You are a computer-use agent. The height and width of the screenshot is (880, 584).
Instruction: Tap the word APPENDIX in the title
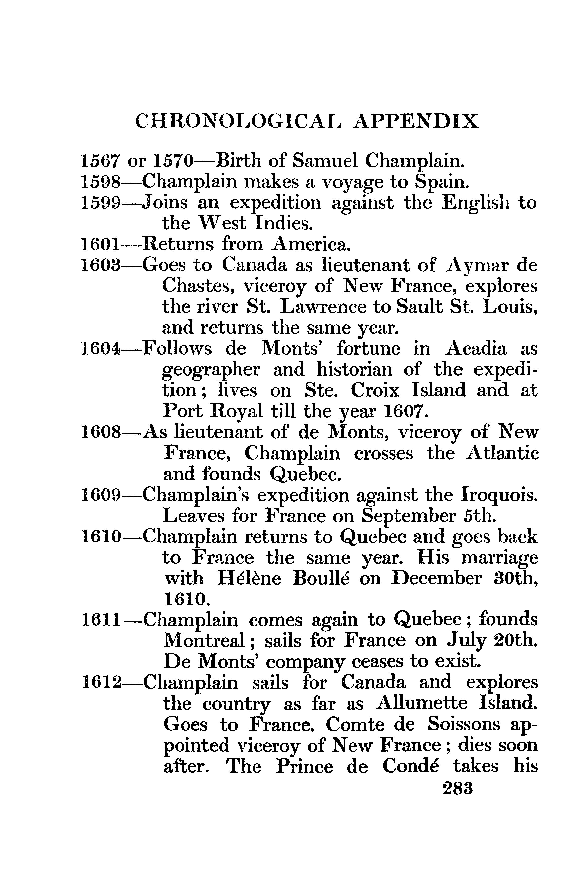[x=415, y=121]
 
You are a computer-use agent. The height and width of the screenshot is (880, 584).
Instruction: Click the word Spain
[x=441, y=182]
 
